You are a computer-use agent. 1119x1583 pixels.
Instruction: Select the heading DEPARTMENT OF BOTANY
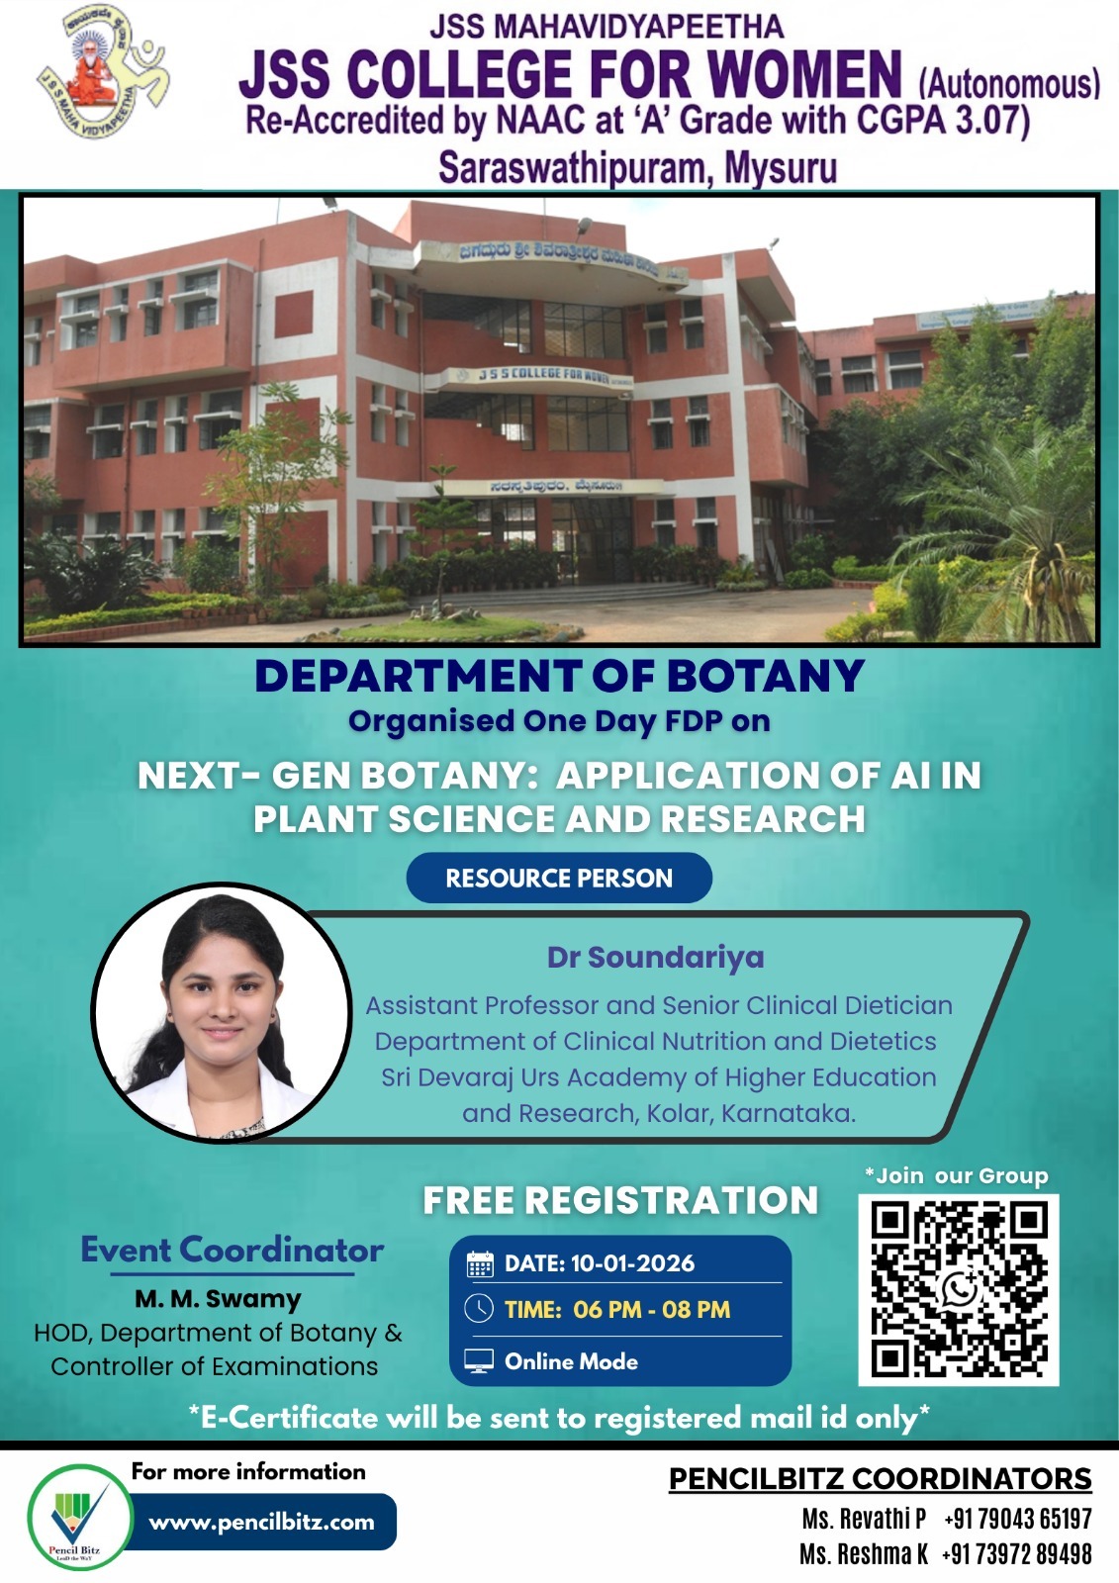[559, 677]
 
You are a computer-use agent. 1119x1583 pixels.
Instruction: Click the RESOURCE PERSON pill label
[559, 878]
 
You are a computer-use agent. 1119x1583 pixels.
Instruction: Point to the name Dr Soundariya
[655, 958]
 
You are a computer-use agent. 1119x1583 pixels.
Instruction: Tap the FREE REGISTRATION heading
[620, 1200]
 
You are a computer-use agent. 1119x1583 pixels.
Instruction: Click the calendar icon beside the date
[480, 1263]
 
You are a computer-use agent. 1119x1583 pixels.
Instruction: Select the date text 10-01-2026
[632, 1263]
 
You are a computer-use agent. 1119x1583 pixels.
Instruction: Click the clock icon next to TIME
[479, 1309]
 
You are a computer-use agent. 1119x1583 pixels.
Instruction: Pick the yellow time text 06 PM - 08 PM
[651, 1310]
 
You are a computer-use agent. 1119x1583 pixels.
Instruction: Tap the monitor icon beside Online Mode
[479, 1361]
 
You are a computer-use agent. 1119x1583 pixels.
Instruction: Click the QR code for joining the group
[958, 1289]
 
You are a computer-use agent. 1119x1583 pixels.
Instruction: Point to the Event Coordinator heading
[232, 1250]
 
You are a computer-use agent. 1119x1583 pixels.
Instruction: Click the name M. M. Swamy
[218, 1299]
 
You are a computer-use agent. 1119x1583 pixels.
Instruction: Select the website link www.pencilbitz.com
[262, 1522]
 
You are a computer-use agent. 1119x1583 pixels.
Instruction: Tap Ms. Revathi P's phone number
[1017, 1519]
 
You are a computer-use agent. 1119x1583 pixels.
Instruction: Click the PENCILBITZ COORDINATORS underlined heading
[880, 1478]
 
